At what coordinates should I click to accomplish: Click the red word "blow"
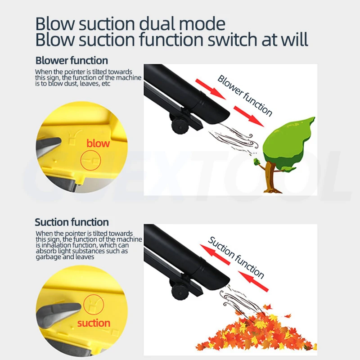pos(98,144)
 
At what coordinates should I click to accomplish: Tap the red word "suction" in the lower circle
pos(94,323)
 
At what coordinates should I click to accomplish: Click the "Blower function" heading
pos(72,60)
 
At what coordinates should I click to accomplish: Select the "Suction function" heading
pos(72,222)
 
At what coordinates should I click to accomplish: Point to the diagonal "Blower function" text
pos(245,95)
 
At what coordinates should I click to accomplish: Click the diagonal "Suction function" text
pos(236,257)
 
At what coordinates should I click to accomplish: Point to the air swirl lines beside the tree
pos(234,139)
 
